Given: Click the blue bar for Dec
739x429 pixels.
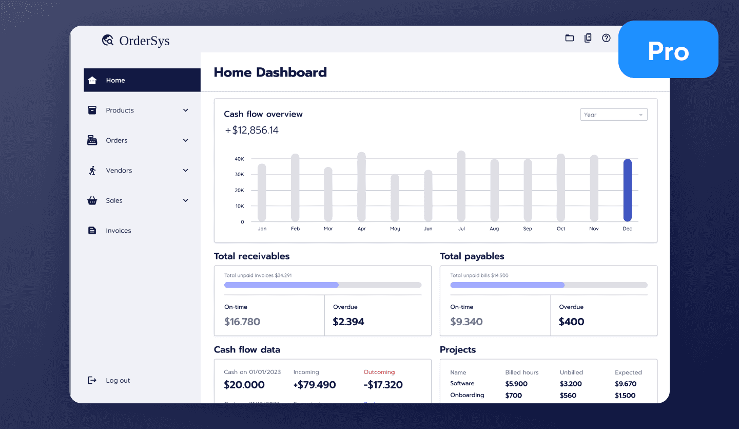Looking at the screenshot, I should click(627, 190).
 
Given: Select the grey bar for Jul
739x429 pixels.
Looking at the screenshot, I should click(461, 186).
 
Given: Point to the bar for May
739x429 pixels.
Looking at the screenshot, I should click(395, 198).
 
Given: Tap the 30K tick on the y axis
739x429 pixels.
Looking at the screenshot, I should click(239, 175).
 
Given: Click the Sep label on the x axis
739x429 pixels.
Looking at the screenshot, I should click(528, 229).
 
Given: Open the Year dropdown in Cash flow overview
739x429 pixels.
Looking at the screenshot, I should click(613, 115).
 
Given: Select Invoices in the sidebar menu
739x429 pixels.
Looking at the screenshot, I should click(118, 231).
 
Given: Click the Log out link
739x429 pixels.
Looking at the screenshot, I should click(118, 381).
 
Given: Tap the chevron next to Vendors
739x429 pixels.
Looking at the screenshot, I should click(186, 171).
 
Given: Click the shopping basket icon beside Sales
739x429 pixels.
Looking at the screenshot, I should click(92, 201).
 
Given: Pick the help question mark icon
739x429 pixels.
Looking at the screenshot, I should click(606, 38).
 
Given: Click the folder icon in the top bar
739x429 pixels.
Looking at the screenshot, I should click(569, 38).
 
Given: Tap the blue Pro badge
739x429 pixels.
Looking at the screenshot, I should click(668, 50).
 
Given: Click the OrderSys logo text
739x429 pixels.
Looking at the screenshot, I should click(144, 41).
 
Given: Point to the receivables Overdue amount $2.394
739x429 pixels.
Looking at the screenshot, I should click(348, 322).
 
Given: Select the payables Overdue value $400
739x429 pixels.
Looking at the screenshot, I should click(571, 322).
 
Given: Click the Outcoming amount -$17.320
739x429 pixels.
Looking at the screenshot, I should click(383, 385).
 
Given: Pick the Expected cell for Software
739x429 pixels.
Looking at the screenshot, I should click(625, 384).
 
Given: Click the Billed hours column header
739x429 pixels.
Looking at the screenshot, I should click(521, 372).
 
